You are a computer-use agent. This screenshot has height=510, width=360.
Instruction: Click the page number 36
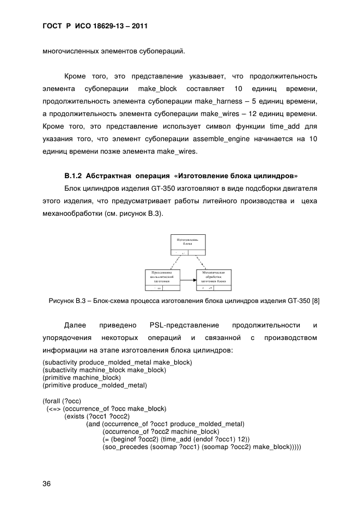47,484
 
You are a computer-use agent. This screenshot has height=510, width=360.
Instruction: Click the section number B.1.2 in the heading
74,176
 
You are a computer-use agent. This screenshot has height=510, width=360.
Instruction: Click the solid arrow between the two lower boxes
188,280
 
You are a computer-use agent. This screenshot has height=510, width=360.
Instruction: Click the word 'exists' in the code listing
75,416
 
